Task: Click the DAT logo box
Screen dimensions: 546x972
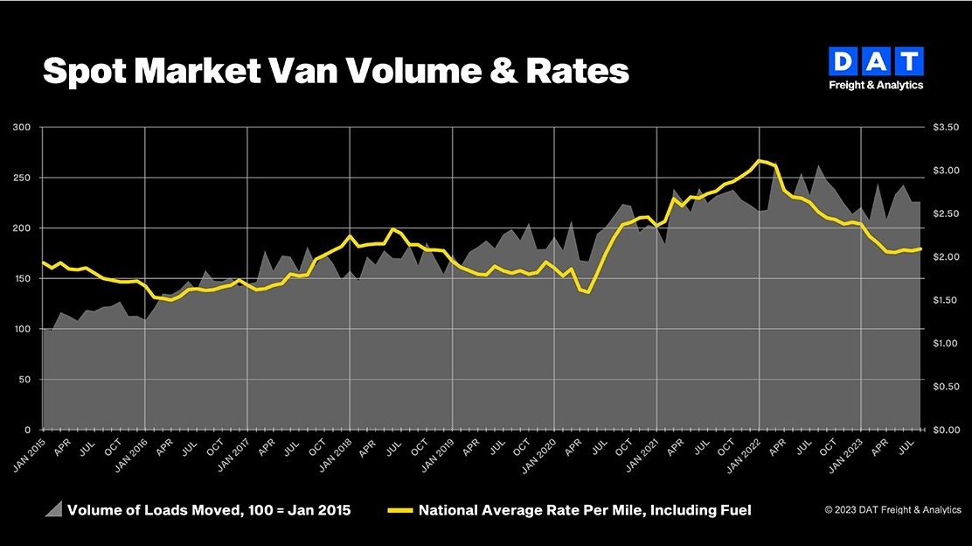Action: (875, 61)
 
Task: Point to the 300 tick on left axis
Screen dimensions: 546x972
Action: (22, 128)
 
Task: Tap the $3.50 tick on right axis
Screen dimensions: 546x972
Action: (947, 128)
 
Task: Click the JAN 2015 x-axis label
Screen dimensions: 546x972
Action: (29, 456)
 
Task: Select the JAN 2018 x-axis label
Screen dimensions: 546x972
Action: (337, 456)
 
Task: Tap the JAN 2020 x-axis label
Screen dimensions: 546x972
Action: (541, 456)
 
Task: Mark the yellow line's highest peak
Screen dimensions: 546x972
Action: (760, 160)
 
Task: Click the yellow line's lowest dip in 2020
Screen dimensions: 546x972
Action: (589, 291)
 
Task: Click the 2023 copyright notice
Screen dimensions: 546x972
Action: (892, 509)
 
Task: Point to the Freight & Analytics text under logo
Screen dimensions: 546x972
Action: (875, 86)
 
